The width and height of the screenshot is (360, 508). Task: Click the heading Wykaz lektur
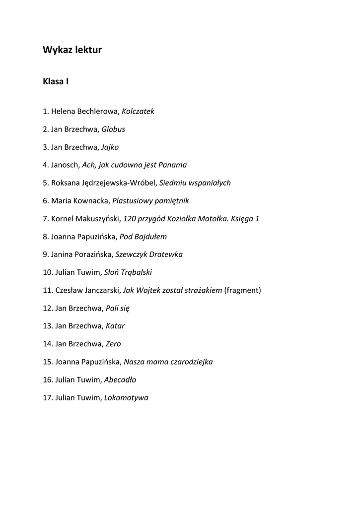coord(72,50)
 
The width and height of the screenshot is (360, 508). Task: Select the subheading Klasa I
coord(56,81)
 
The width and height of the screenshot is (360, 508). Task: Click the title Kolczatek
coord(138,111)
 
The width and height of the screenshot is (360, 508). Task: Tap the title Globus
coord(113,129)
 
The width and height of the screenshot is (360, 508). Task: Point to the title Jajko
coord(110,147)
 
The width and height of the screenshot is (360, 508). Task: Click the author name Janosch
coord(65,165)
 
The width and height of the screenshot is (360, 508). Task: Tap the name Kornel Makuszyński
coord(85,219)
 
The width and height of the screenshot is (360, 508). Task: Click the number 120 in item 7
coord(129,219)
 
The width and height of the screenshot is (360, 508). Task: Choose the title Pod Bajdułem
coord(144,237)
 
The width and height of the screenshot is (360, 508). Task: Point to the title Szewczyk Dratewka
coord(149,254)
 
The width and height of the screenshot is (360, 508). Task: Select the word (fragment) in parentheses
coord(243,290)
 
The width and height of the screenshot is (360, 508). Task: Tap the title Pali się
coord(118,308)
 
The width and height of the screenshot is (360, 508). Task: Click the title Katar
coord(115,326)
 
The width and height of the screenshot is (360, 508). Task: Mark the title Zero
coord(113,344)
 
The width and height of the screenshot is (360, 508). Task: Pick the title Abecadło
coord(120,380)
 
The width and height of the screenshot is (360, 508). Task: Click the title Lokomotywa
coord(126,397)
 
